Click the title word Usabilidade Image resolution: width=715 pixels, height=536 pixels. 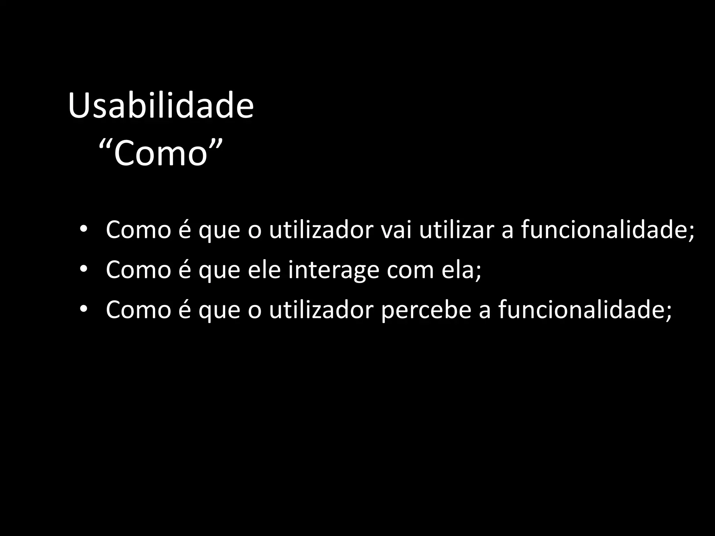click(161, 106)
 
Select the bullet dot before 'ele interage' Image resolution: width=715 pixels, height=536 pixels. click(83, 269)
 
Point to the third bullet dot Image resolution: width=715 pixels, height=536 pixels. click(83, 309)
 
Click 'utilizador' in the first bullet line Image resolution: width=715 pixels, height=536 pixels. click(321, 230)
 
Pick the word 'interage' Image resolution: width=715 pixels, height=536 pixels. click(333, 270)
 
